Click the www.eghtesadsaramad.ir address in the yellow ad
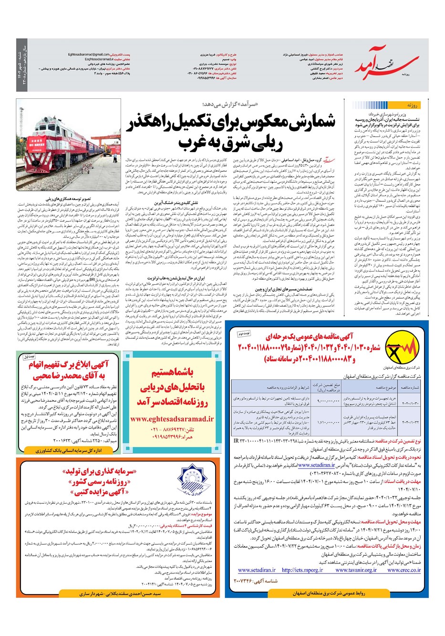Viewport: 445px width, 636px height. pos(165,418)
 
